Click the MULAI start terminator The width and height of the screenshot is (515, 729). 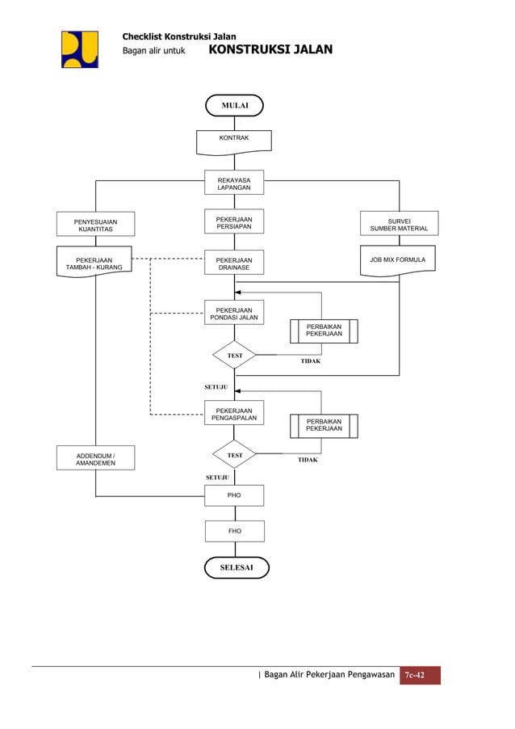coord(234,106)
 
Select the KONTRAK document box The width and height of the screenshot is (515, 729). coord(234,141)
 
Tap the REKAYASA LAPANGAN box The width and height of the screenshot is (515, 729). coord(234,183)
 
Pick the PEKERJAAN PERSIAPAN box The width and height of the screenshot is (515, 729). coord(234,223)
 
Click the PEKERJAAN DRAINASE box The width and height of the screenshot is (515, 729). coord(234,263)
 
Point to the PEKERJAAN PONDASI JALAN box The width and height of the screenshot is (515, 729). coord(234,314)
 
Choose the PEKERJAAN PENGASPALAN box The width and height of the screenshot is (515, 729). coord(234,414)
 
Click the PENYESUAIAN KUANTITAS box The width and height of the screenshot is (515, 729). coord(95,225)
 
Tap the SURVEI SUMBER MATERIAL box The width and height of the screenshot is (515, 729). coord(399,224)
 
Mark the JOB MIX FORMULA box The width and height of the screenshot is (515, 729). coord(397,261)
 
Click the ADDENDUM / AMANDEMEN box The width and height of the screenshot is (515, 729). coord(95,458)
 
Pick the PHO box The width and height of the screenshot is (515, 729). coord(234,495)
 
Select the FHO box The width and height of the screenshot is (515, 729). coord(234,531)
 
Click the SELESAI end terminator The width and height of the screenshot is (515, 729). coord(237,567)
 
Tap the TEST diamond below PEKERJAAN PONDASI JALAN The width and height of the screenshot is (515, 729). coord(234,356)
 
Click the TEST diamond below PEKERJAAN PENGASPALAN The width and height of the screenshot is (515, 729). coord(234,455)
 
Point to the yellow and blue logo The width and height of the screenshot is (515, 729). coord(80,49)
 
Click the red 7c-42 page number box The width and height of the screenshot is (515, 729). coord(420,676)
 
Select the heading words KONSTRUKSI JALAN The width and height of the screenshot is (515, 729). coord(270,50)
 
